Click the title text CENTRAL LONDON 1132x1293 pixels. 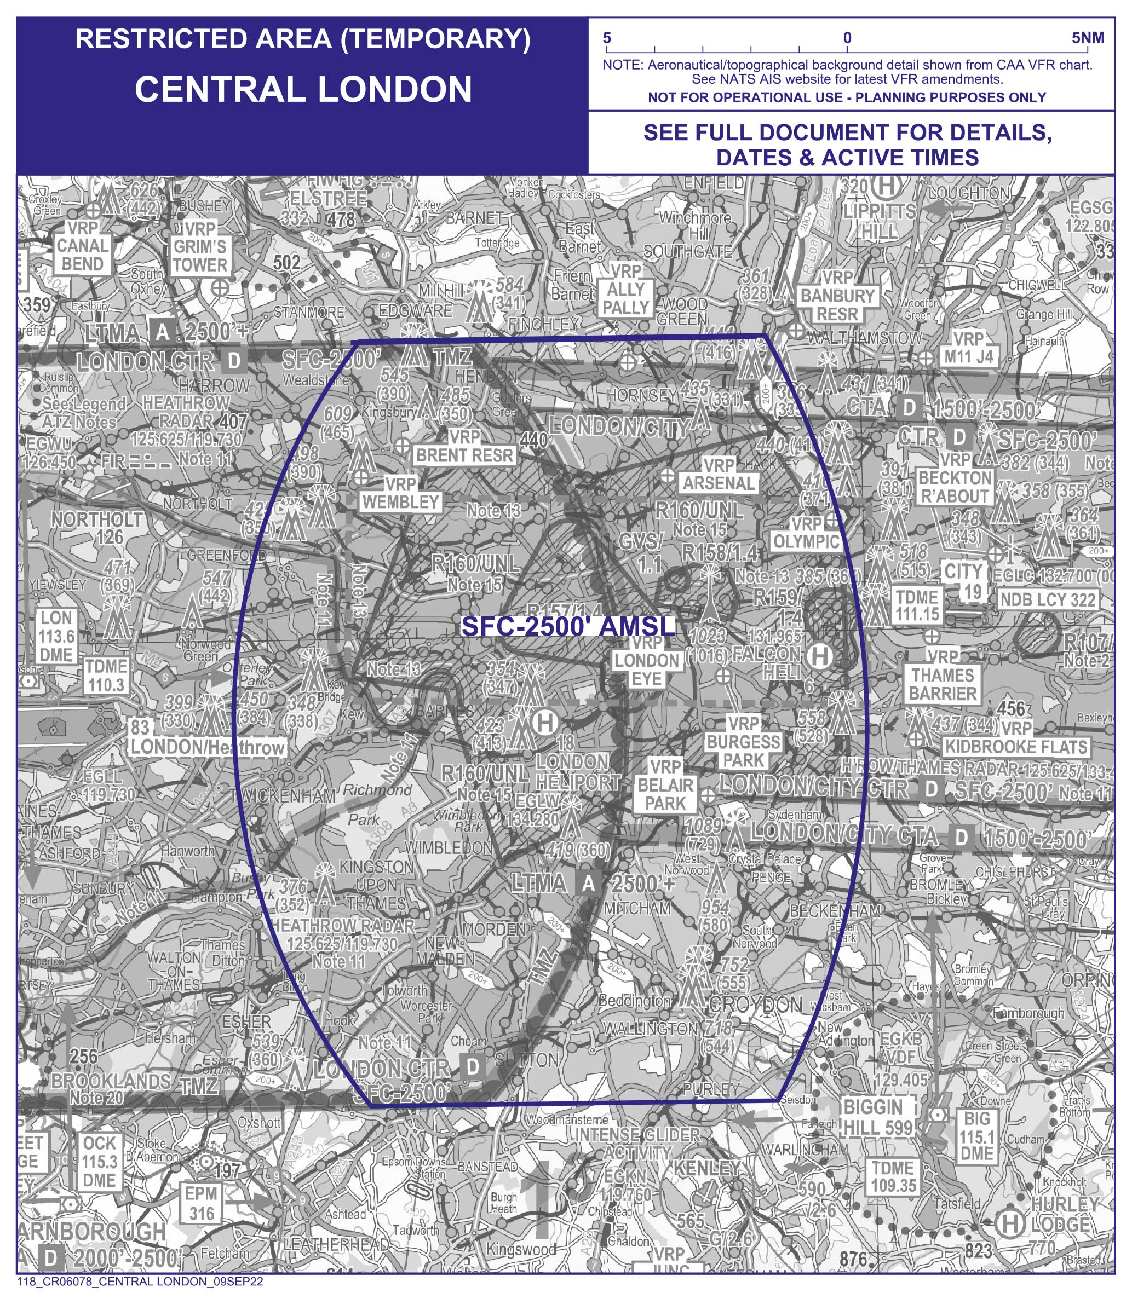pos(303,89)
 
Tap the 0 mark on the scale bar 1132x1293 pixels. pos(847,38)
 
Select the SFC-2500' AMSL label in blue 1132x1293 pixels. pos(568,626)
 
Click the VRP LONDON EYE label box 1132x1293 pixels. pos(647,660)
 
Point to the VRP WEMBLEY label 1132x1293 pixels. pos(400,493)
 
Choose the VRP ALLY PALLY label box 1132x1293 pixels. pos(625,289)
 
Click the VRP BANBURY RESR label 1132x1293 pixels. pos(837,296)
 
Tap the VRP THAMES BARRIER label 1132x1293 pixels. pos(943,675)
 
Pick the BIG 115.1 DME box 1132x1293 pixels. pos(976,1136)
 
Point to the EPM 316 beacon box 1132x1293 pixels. pos(202,1203)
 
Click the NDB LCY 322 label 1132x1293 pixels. pos(1047,599)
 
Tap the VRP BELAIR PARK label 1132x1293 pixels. pos(666,785)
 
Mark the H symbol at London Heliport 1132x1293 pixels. pos(545,722)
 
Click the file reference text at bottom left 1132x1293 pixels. pos(140,1282)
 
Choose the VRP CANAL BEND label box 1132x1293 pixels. pos(82,246)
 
